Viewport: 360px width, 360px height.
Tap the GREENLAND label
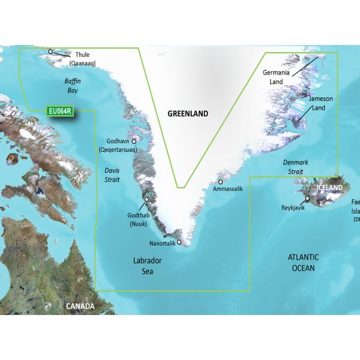point(188,113)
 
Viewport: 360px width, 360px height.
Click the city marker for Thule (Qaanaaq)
point(51,52)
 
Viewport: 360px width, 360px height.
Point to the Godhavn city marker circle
point(134,142)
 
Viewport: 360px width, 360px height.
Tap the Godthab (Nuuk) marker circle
point(146,199)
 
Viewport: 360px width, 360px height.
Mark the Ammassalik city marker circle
point(221,181)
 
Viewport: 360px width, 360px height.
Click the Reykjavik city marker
point(307,198)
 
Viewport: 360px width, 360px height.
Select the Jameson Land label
point(320,103)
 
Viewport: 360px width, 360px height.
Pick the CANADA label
point(80,306)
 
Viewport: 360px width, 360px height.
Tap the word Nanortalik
point(162,244)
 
